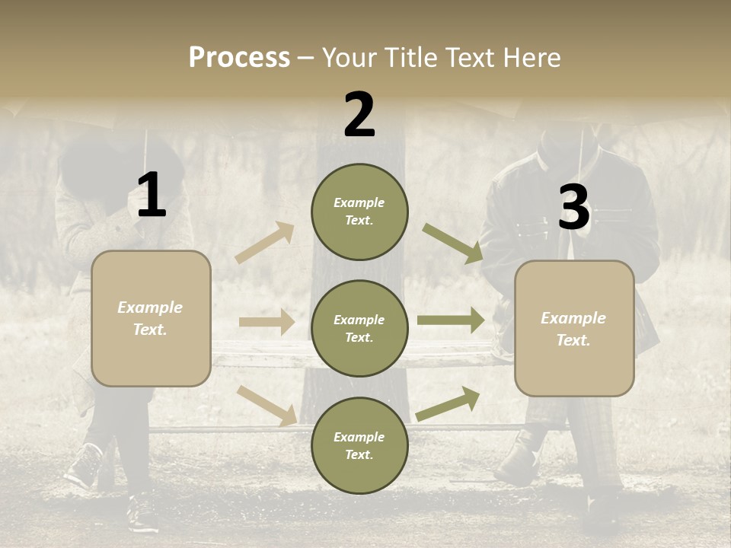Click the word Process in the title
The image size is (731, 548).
pos(239,57)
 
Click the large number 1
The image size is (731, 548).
pos(152,196)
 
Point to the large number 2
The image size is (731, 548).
pos(359,114)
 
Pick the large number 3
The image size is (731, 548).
pos(574,207)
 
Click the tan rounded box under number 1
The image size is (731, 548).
pos(151,318)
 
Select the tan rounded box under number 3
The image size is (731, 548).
pos(574,329)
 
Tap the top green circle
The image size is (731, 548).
pos(359,212)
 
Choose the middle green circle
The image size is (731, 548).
pos(359,328)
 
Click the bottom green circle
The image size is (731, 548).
pos(359,445)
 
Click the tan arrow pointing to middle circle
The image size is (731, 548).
pos(267,322)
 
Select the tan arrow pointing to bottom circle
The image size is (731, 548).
pos(267,405)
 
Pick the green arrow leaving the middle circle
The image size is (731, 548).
pos(450,320)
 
